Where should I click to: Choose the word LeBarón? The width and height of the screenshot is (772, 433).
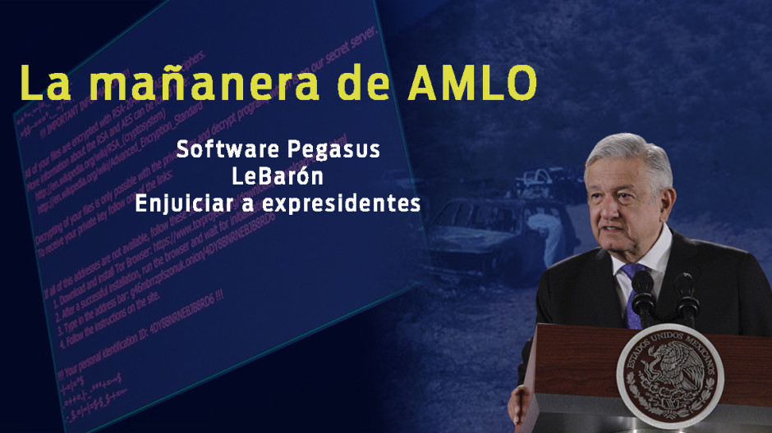click(278, 176)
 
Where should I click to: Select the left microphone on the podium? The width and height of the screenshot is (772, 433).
click(642, 292)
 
